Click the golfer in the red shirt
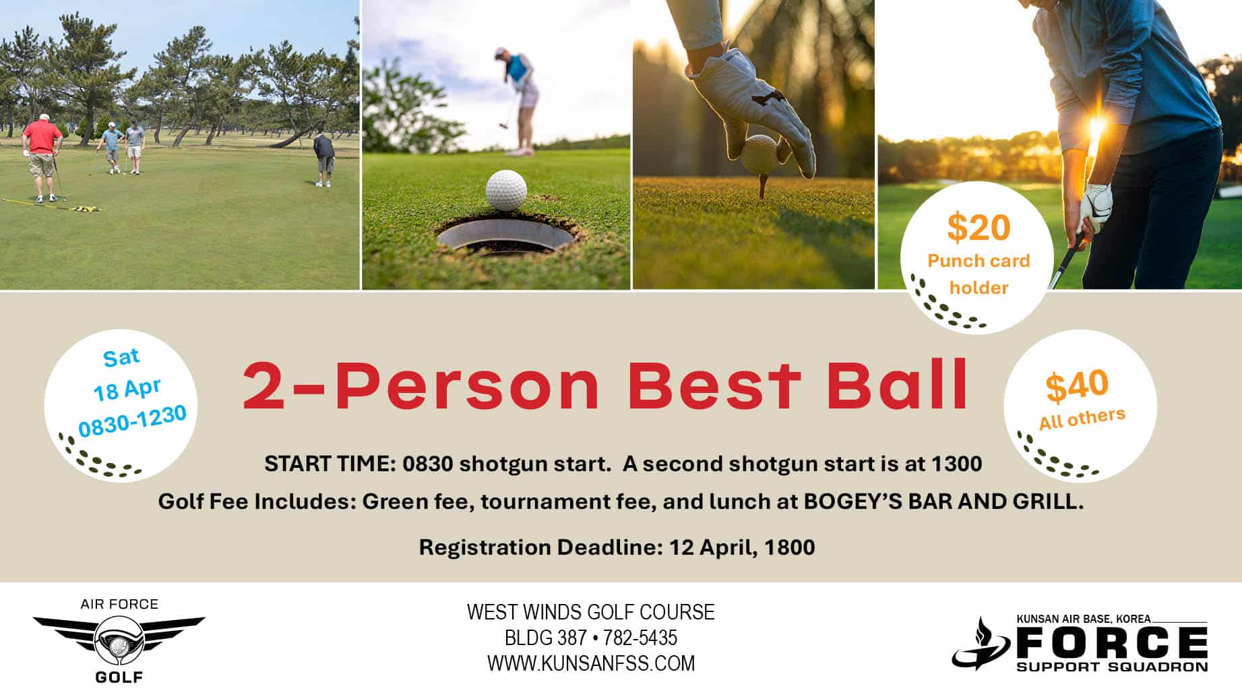pos(42,157)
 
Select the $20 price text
pos(979,227)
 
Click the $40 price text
pos(1077,385)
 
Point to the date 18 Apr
pos(127,389)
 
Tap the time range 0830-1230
pos(133,421)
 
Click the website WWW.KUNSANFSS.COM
pos(591,663)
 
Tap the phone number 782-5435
pos(640,638)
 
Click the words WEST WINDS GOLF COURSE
pos(591,612)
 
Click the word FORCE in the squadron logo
pos(1112,642)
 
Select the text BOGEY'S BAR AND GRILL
pos(943,502)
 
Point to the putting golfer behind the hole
pos(519,101)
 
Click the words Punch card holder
pos(979,274)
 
